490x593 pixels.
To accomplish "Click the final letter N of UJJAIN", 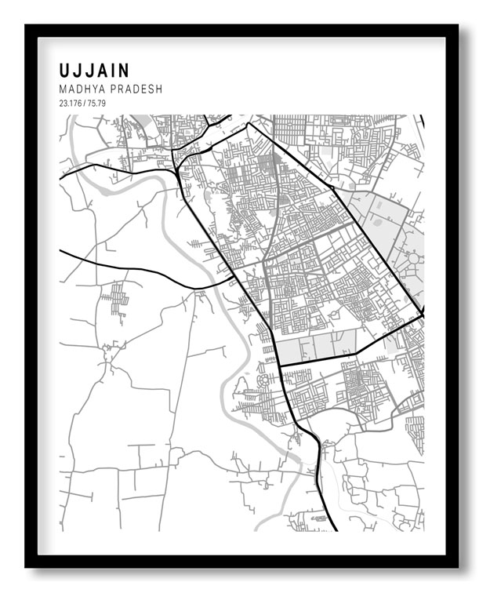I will [126, 71].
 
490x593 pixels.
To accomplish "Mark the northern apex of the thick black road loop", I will [248, 123].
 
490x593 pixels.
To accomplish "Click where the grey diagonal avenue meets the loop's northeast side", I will [354, 222].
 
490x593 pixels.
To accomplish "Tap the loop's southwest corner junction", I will [279, 365].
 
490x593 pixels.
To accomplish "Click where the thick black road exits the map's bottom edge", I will [336, 530].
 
